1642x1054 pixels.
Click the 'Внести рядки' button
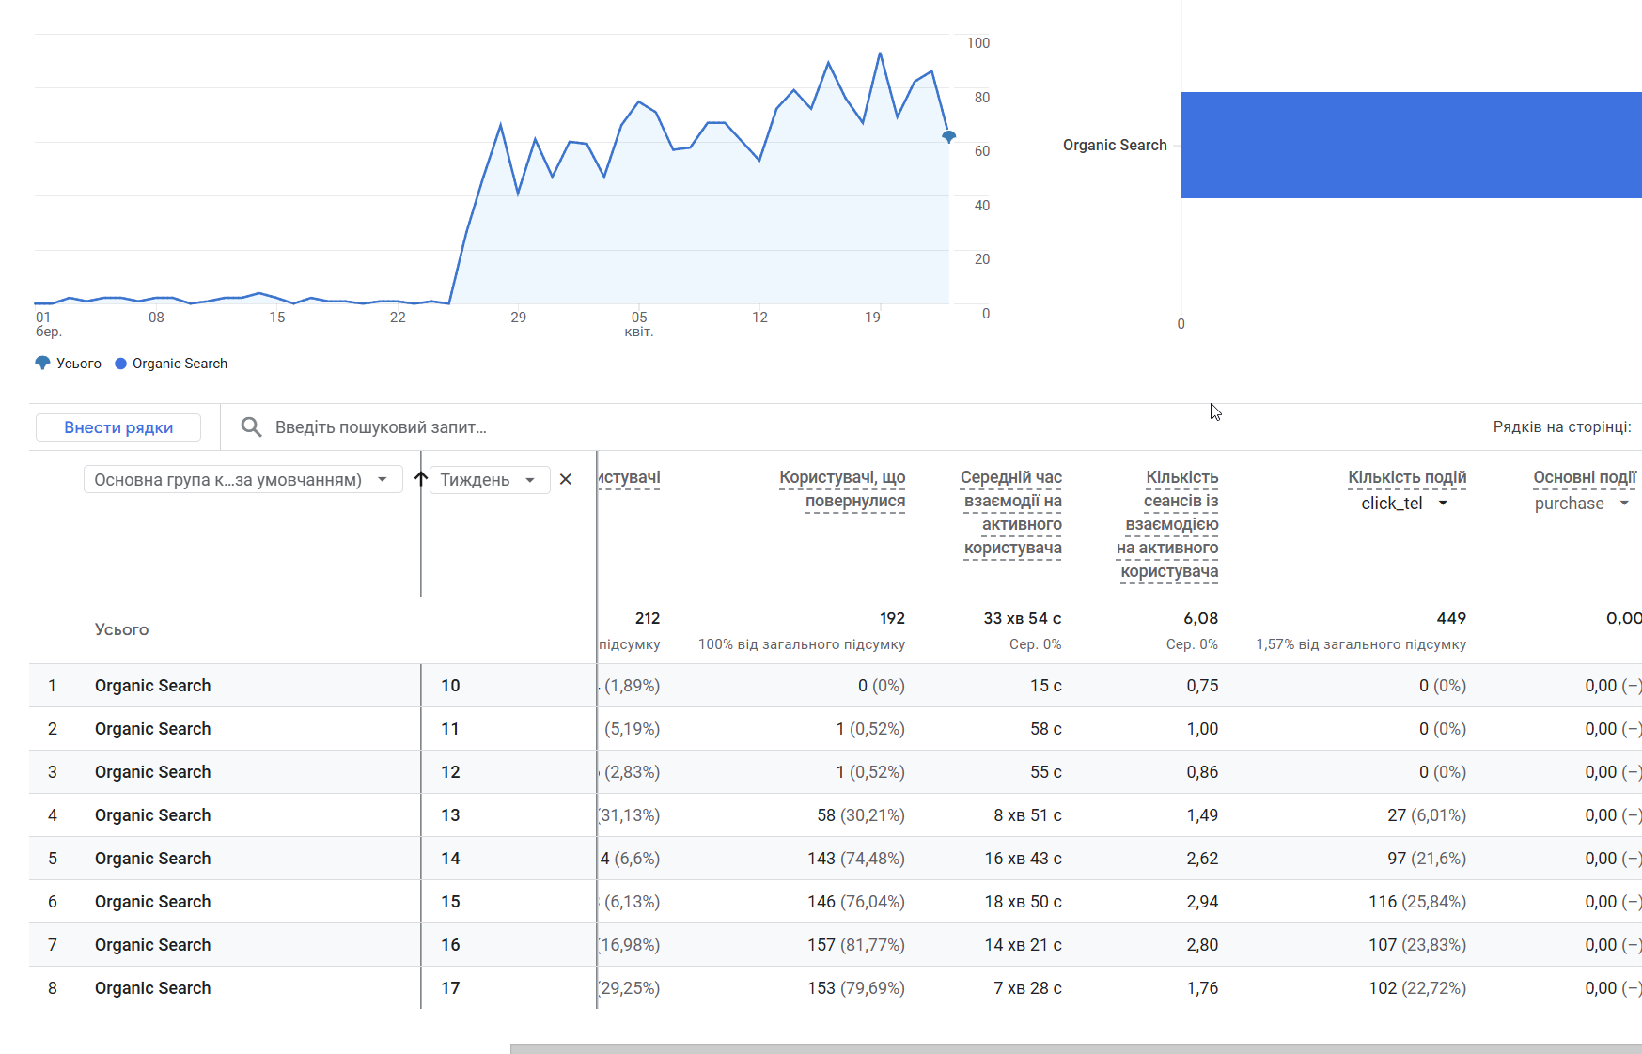coord(118,427)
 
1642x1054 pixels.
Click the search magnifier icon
coord(251,427)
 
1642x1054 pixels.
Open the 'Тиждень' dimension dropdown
coord(489,480)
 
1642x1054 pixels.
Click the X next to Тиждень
coord(566,480)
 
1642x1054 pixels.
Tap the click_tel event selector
coord(1404,504)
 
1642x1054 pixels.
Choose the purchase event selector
coord(1581,504)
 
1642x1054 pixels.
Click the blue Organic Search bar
coord(1410,145)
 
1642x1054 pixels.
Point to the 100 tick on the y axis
coord(977,43)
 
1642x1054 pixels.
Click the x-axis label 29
coord(519,318)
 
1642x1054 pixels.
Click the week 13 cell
coord(451,815)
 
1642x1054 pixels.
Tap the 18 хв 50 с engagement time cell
coord(1023,902)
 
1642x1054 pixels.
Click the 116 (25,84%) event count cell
coord(1416,902)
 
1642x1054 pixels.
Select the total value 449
coord(1451,618)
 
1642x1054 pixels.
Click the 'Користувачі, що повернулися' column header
coord(842,488)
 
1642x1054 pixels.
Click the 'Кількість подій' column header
coord(1407,477)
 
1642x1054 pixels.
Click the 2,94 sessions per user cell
coord(1202,902)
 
